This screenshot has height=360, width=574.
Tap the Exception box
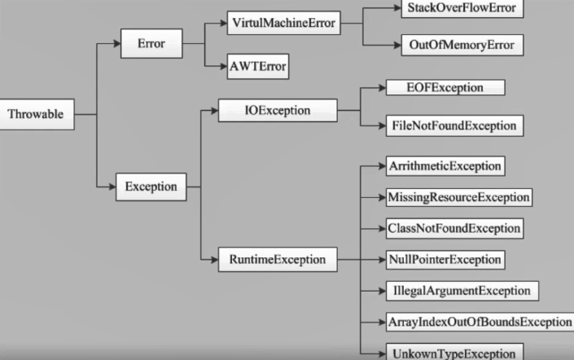[151, 187]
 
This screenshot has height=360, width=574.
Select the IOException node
[277, 109]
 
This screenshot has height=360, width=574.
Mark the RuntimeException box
[277, 261]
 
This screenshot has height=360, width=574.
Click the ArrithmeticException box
[445, 166]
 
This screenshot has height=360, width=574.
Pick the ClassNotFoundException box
[452, 228]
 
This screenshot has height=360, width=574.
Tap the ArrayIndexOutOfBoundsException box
[479, 322]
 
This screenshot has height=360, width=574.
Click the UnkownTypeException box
[450, 353]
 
